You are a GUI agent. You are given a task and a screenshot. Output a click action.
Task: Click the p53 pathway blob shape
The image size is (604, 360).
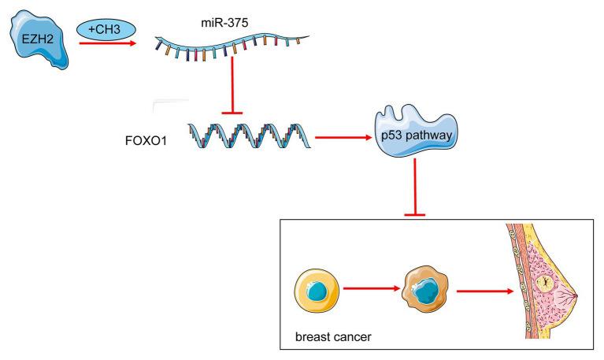click(414, 130)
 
